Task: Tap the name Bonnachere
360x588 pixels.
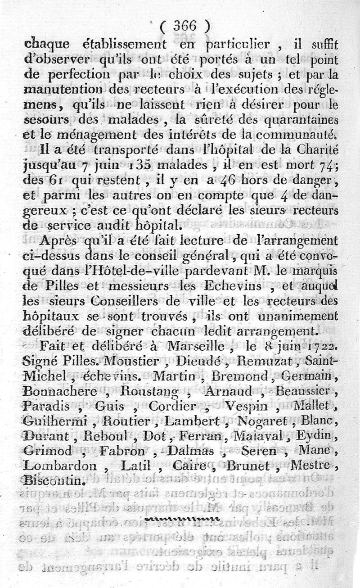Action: coord(60,392)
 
